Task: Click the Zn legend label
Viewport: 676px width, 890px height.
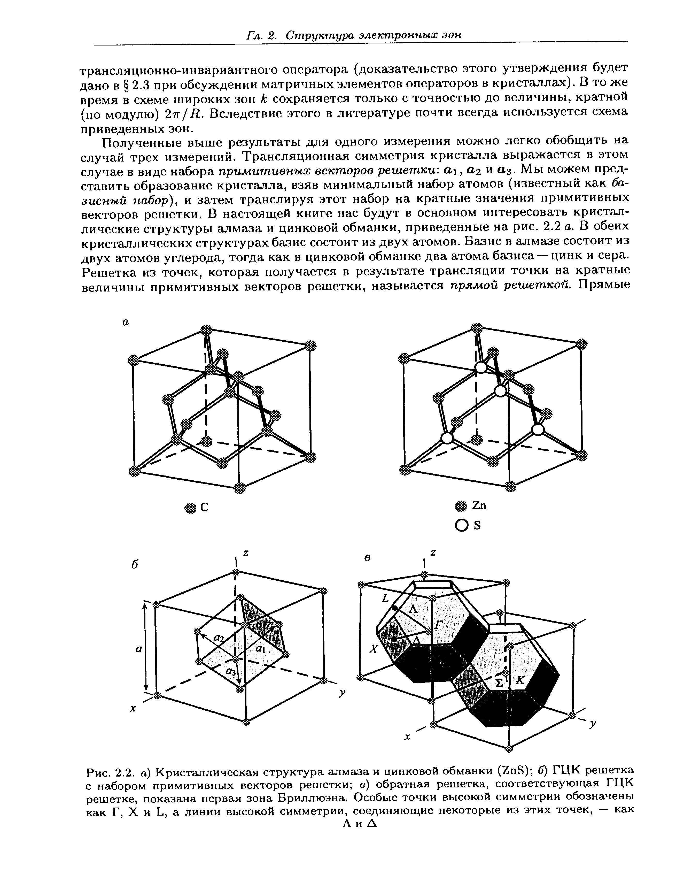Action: (480, 505)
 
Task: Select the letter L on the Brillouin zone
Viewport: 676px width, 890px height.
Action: (385, 599)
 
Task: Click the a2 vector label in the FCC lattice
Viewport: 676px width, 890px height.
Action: (219, 637)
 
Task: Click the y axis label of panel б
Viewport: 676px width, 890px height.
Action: (342, 692)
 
